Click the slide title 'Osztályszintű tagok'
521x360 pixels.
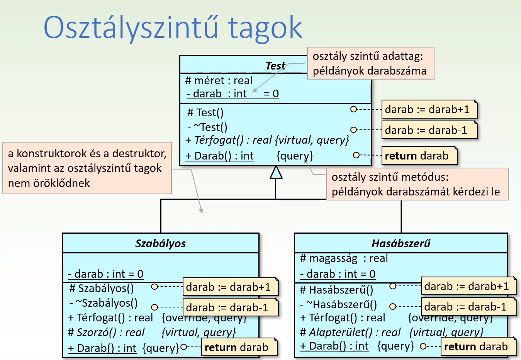click(172, 28)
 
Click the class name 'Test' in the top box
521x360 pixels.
click(275, 66)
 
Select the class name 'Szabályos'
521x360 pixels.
click(160, 243)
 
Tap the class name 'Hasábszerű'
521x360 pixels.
click(401, 243)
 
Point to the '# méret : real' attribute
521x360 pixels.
click(219, 81)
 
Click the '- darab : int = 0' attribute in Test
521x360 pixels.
click(232, 94)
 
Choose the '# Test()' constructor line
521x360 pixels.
click(205, 113)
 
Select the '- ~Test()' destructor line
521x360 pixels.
click(208, 127)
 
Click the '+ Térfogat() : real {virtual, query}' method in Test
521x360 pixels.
click(267, 140)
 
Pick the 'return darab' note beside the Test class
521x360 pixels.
click(419, 156)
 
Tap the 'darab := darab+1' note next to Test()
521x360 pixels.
click(429, 110)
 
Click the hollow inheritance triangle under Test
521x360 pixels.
click(276, 172)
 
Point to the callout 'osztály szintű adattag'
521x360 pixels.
click(370, 63)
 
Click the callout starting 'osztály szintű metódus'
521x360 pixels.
click(417, 184)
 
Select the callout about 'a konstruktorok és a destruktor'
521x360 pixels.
click(87, 168)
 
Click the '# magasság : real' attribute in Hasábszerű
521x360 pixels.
click(344, 258)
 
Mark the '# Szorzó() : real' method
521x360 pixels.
click(106, 333)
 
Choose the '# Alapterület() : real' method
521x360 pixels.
click(350, 333)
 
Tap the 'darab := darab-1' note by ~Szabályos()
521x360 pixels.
click(230, 307)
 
